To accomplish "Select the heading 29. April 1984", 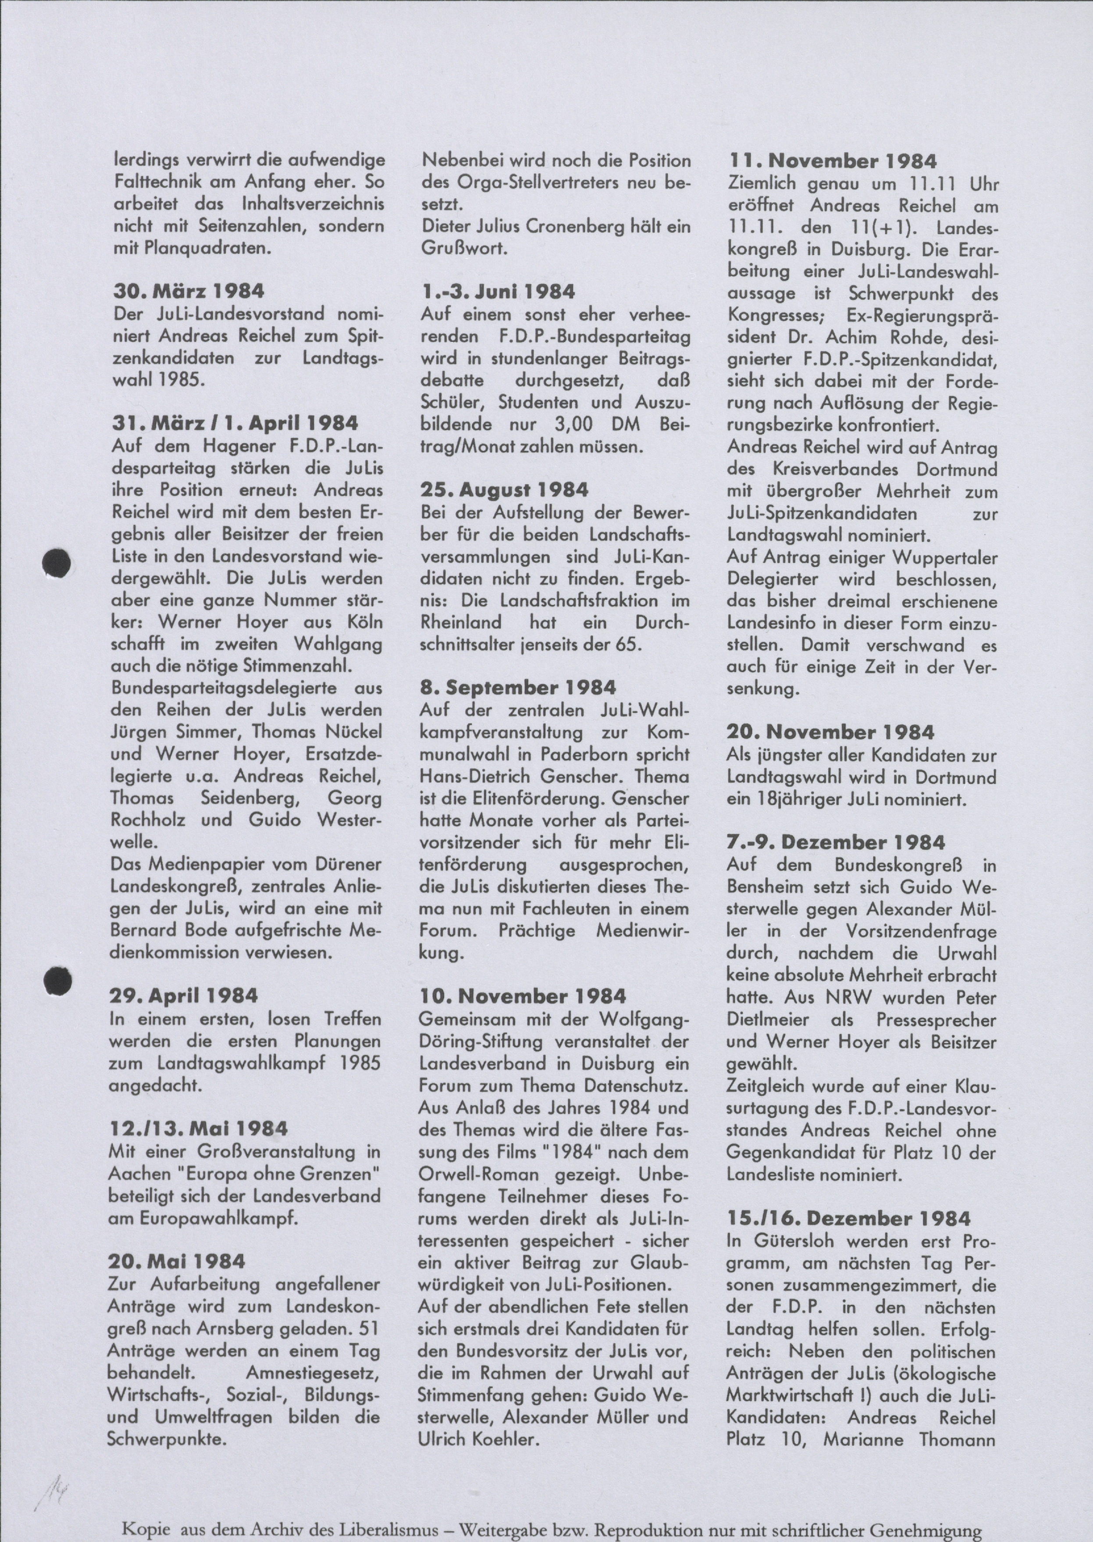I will [x=185, y=996].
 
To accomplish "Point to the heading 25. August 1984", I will [x=505, y=489].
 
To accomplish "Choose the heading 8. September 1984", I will [x=517, y=687].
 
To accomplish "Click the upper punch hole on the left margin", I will [x=57, y=563].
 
